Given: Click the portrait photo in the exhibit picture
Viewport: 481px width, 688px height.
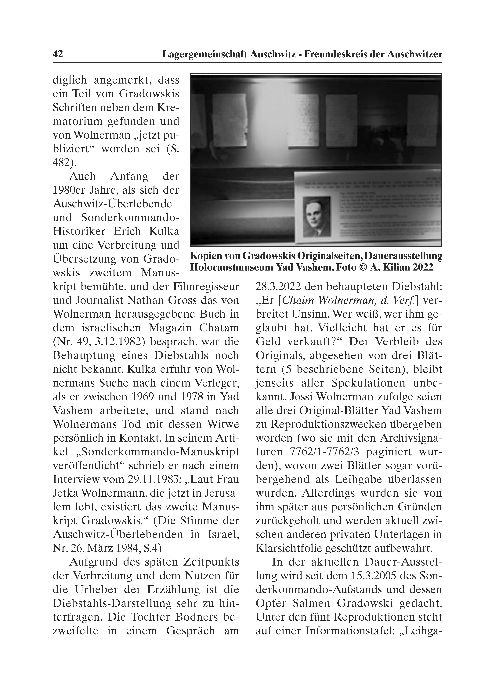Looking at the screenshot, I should click(x=316, y=216).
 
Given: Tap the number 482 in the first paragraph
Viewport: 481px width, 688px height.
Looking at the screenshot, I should click(x=62, y=163).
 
